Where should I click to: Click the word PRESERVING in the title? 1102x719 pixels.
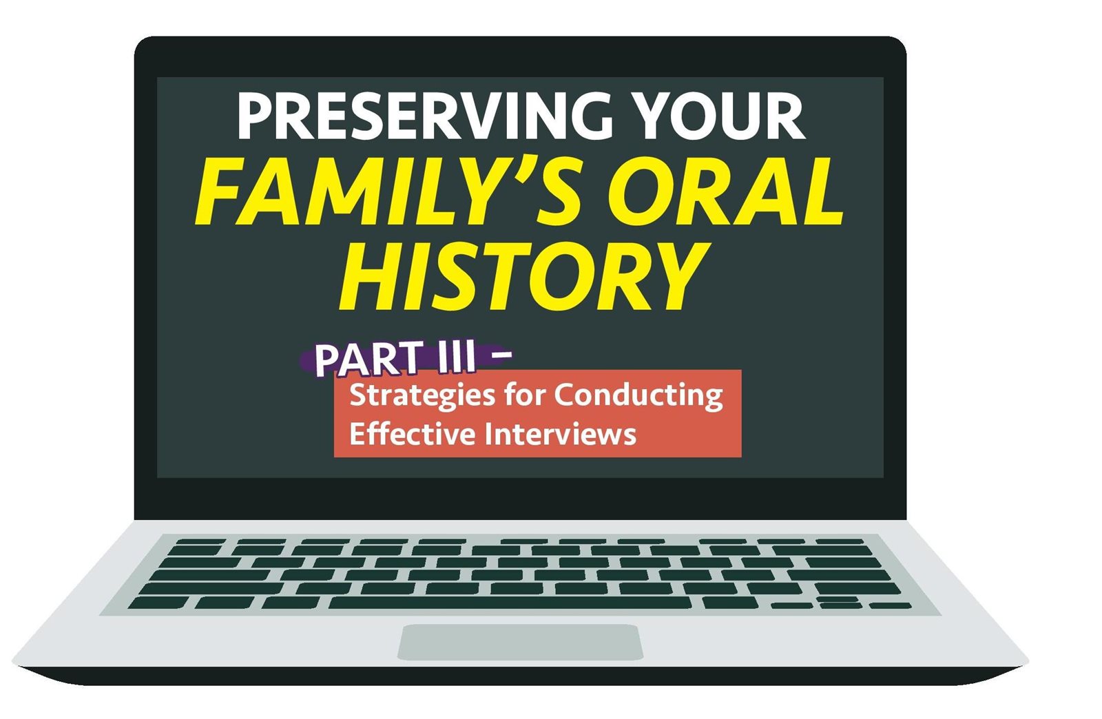[425, 116]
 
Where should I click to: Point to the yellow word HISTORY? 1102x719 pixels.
[524, 277]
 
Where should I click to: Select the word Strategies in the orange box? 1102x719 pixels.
[422, 397]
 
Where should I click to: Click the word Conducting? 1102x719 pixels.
[638, 395]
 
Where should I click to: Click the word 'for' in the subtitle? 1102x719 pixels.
[524, 394]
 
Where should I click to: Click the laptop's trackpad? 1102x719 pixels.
[520, 642]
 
